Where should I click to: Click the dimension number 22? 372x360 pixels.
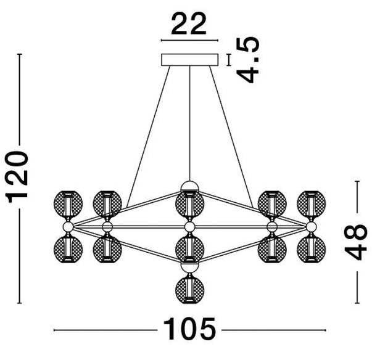point(189,23)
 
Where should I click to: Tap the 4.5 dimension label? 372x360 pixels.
point(248,60)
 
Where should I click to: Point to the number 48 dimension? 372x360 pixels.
point(356,242)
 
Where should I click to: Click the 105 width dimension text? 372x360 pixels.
point(189,329)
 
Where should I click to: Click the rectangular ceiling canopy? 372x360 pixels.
point(189,60)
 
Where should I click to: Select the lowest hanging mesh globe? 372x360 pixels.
point(189,290)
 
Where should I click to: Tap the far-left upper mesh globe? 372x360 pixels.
point(68,204)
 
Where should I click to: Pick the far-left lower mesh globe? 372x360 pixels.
point(68,249)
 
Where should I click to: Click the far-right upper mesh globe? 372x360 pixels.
point(312,204)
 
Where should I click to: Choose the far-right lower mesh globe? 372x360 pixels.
point(312,249)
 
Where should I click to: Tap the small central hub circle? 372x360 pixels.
point(189,227)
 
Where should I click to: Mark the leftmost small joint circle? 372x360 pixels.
point(68,227)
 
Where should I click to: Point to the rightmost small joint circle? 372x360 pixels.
point(311,227)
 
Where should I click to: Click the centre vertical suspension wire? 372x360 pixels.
point(189,123)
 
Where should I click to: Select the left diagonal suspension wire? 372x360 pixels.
point(149,137)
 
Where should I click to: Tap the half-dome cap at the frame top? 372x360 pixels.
point(189,186)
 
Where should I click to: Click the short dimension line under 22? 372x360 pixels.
point(189,41)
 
